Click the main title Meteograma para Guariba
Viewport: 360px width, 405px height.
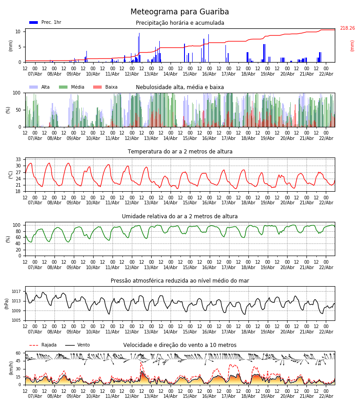tap(180, 12)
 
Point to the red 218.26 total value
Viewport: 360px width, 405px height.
tap(347, 28)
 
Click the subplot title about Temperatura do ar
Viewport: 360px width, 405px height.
tap(180, 152)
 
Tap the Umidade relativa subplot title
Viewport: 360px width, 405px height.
tap(180, 216)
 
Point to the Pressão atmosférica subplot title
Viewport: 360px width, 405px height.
tap(180, 281)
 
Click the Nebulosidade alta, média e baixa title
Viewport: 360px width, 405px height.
tap(180, 87)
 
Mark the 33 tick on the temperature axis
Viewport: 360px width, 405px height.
tap(18, 160)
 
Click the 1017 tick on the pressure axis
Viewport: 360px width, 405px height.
tap(16, 292)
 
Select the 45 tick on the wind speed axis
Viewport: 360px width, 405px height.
tap(18, 361)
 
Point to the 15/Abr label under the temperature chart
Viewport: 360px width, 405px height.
tap(189, 202)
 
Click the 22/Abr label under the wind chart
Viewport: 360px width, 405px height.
tap(326, 396)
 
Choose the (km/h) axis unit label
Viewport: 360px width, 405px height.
tap(11, 368)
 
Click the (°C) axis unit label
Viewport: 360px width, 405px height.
tap(11, 174)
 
